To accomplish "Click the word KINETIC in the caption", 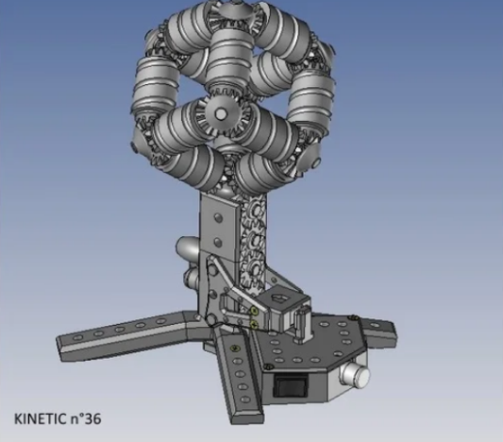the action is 40,419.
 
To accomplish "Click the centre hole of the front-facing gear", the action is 221,113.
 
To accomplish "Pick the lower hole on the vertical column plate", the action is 218,241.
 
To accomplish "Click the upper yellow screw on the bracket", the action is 254,310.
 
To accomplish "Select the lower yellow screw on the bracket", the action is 254,324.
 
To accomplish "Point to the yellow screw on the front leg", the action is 235,348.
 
